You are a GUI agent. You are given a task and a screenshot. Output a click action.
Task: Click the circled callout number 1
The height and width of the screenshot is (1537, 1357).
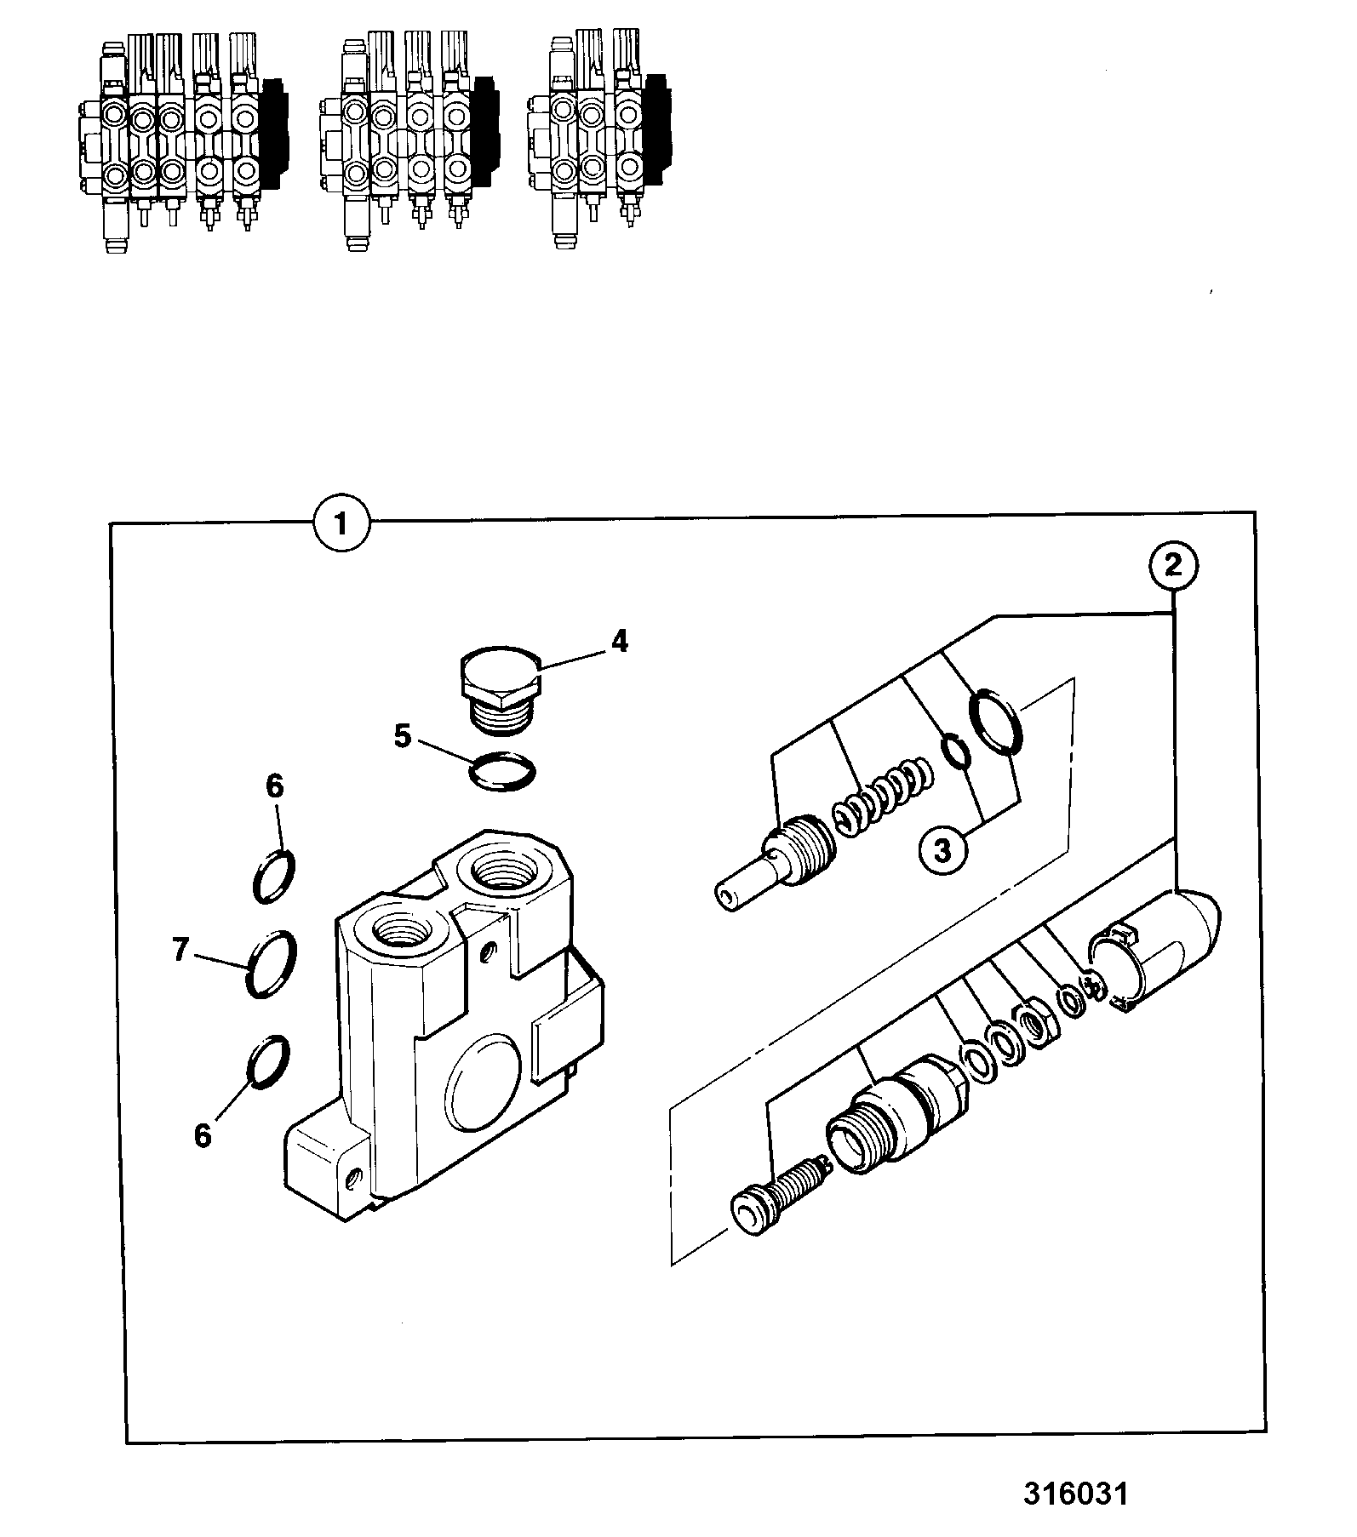point(341,522)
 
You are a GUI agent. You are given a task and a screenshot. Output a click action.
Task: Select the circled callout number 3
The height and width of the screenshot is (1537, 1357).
point(942,851)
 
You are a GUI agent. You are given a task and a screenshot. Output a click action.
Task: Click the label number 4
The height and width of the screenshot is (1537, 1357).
point(620,641)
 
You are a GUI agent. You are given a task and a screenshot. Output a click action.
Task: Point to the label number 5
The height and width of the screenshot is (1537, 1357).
point(403,735)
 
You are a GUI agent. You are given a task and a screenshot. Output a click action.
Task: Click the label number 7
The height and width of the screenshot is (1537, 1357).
point(180,950)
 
